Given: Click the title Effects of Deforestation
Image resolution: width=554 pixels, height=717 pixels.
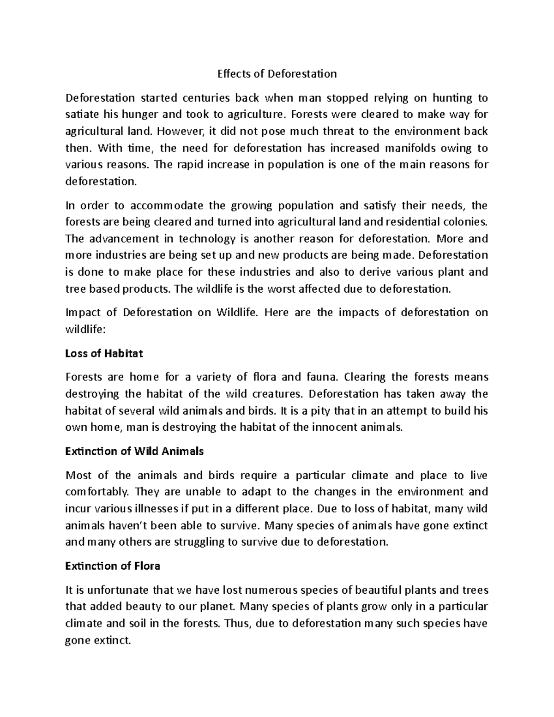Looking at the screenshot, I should pyautogui.click(x=277, y=74).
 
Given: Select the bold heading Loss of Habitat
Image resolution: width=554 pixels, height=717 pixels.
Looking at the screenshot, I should pyautogui.click(x=104, y=354).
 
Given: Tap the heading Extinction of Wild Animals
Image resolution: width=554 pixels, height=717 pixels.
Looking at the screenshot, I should pyautogui.click(x=134, y=452).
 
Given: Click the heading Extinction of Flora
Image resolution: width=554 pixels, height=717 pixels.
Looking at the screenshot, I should pyautogui.click(x=113, y=566).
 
